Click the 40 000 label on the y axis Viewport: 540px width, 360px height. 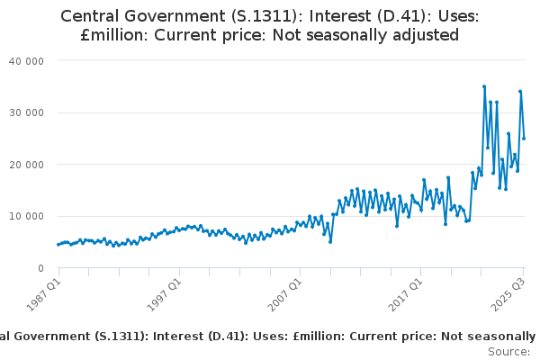click(x=27, y=60)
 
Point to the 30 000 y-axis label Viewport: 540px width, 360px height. click(x=27, y=112)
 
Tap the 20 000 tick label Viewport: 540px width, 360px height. click(x=27, y=165)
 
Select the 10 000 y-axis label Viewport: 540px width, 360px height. click(x=27, y=216)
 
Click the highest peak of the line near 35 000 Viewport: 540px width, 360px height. click(x=484, y=86)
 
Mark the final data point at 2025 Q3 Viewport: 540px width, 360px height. click(x=524, y=138)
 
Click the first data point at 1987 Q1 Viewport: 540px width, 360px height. click(x=58, y=244)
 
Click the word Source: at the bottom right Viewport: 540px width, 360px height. click(x=509, y=351)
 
